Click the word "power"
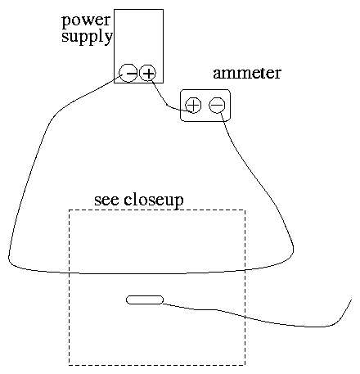pyautogui.click(x=86, y=20)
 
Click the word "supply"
pyautogui.click(x=87, y=36)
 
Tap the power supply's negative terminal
pyautogui.click(x=128, y=73)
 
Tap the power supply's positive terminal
pyautogui.click(x=148, y=73)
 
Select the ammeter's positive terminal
pyautogui.click(x=193, y=106)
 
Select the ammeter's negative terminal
pyautogui.click(x=217, y=106)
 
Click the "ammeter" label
pyautogui.click(x=247, y=73)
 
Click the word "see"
pyautogui.click(x=106, y=201)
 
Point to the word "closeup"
pyautogui.click(x=154, y=201)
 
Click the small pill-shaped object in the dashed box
pyautogui.click(x=145, y=300)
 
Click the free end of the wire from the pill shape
pyautogui.click(x=351, y=300)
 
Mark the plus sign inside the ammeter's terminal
pyautogui.click(x=193, y=106)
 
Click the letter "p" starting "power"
pyautogui.click(x=66, y=22)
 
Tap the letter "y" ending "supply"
pyautogui.click(x=108, y=38)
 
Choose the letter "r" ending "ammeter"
pyautogui.click(x=277, y=74)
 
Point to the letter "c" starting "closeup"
pyautogui.click(x=128, y=201)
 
